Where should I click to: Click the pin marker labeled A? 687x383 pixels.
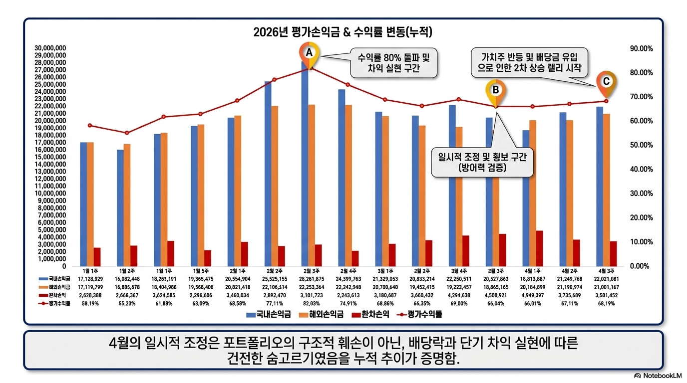(x=309, y=53)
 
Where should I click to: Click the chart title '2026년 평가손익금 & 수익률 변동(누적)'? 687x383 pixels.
(x=343, y=32)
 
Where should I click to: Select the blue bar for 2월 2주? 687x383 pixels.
(x=268, y=174)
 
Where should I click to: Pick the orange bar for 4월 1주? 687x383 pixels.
(x=533, y=193)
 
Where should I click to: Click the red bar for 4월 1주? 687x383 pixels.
(x=540, y=248)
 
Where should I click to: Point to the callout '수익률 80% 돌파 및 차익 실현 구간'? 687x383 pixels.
(x=393, y=63)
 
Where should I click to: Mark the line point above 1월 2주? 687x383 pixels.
(x=127, y=133)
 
